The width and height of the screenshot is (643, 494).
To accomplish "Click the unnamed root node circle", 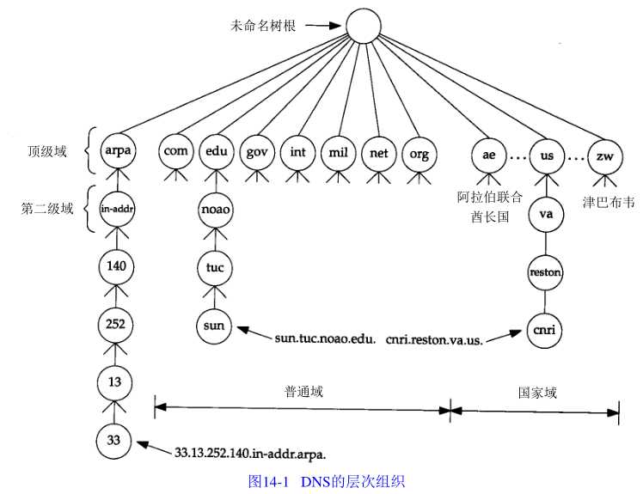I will coord(364,27).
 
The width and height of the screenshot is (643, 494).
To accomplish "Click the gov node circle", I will coord(256,152).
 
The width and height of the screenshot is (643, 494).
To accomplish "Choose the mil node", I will coord(336,152).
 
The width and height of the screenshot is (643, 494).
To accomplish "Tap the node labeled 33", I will coord(115,440).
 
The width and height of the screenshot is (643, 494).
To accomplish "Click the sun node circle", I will coord(214,326).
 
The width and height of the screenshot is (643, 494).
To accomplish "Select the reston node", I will coord(546,272).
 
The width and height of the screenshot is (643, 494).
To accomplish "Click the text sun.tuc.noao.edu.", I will coord(325,338).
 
